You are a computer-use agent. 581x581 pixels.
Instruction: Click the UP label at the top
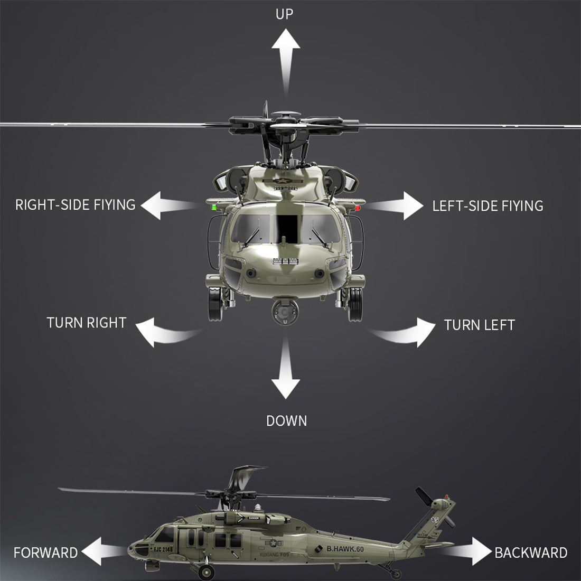pos(284,14)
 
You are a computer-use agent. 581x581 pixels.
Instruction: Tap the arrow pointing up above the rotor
pos(286,58)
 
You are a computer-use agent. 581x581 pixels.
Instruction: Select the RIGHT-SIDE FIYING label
pos(75,205)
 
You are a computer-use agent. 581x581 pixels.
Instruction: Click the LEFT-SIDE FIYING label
pos(488,206)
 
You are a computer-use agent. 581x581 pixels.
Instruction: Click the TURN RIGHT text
pos(86,323)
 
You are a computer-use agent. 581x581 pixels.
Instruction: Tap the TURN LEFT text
pos(479,325)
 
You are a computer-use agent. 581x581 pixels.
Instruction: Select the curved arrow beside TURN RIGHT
pos(164,332)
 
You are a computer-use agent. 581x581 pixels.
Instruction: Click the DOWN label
pos(286,421)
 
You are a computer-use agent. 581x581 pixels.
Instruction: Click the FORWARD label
pos(45,553)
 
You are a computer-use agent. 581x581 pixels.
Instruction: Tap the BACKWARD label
pos(531,553)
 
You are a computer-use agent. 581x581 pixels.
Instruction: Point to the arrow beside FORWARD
pos(104,551)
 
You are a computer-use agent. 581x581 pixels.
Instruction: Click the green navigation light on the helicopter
pos(214,208)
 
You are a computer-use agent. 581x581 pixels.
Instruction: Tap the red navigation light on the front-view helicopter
pos(358,208)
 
